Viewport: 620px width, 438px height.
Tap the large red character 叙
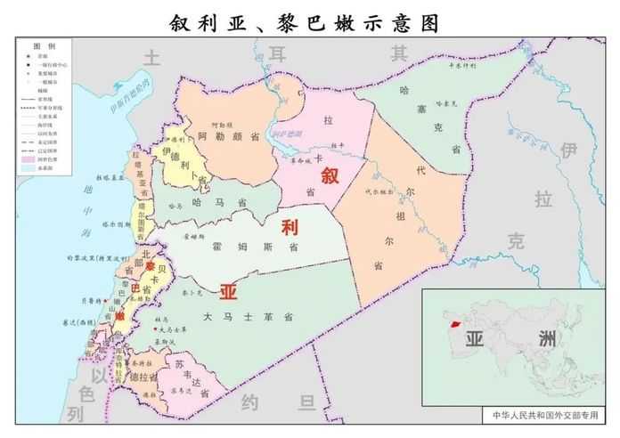[330, 174]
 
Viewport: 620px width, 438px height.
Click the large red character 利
[289, 227]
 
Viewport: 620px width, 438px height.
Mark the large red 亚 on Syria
[229, 291]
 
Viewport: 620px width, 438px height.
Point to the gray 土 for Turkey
[152, 59]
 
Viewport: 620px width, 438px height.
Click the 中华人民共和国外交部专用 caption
[542, 415]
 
